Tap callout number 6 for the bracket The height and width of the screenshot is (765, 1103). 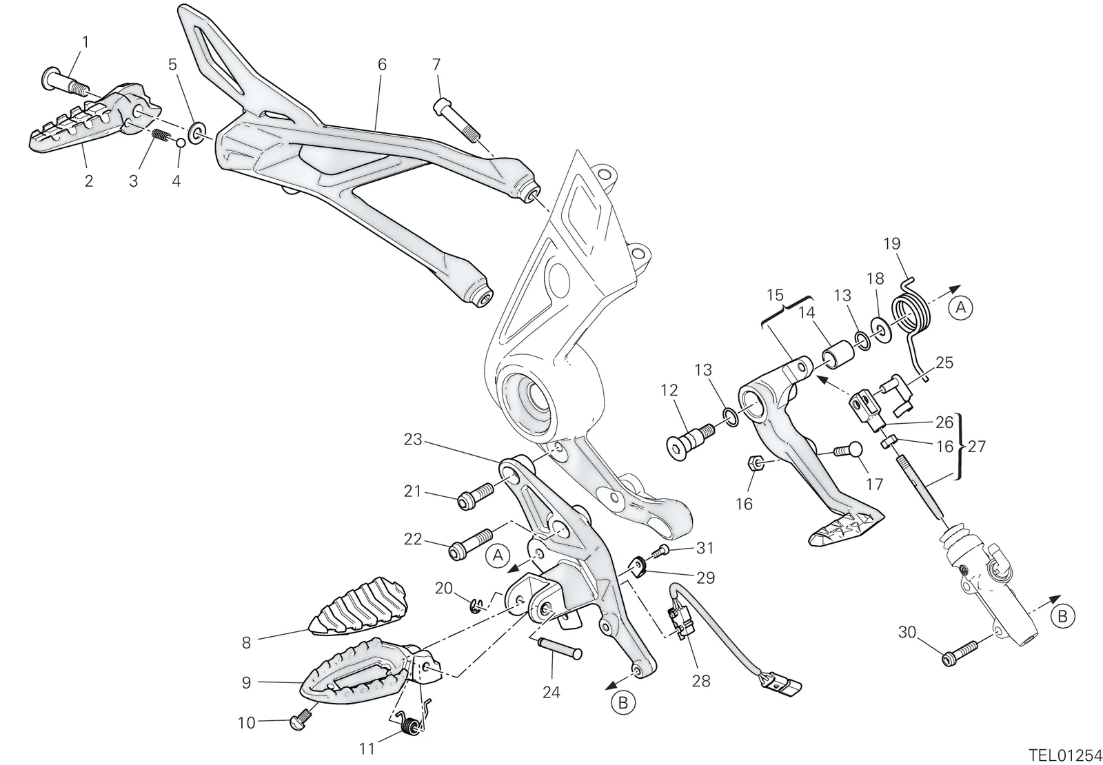[x=382, y=65]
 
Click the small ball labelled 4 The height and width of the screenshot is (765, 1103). [x=180, y=143]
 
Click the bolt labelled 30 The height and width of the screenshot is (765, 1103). [x=959, y=652]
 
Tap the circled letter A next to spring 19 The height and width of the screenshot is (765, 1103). [x=960, y=307]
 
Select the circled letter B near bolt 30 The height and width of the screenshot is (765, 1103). [x=1062, y=616]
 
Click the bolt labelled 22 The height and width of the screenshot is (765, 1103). [x=470, y=544]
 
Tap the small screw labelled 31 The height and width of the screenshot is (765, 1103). [x=659, y=551]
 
